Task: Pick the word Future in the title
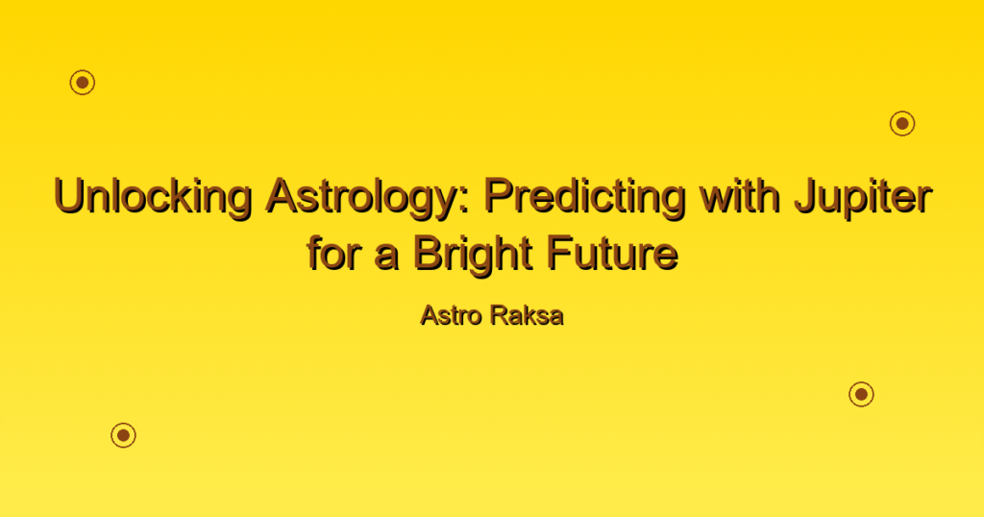[x=612, y=253]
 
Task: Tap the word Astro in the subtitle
[x=452, y=315]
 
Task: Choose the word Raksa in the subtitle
[x=528, y=315]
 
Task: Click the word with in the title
[x=740, y=195]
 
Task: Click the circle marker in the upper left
[x=83, y=83]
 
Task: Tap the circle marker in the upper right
[x=902, y=124]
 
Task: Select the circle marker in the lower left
[x=124, y=434]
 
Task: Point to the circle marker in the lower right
[x=862, y=394]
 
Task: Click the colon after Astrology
[x=465, y=202]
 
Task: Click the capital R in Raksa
[x=500, y=315]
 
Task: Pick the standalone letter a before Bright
[x=386, y=258]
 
